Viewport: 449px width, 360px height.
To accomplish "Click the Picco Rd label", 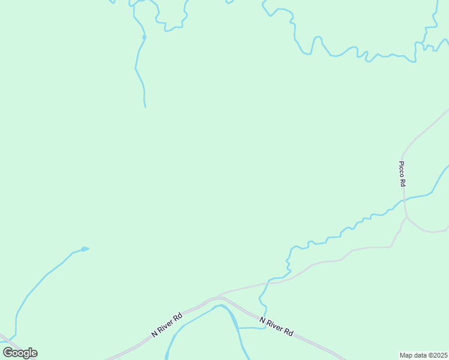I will [402, 174].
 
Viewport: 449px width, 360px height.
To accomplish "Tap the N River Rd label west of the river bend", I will [167, 325].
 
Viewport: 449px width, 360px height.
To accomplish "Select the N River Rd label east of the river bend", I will [276, 327].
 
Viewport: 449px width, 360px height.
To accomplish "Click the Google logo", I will [20, 353].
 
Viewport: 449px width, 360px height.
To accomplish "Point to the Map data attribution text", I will [423, 355].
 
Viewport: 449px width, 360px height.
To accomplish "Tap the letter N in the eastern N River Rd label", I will [262, 321].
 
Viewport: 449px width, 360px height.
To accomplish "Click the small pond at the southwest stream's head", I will [85, 248].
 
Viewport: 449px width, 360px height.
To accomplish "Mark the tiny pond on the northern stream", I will [144, 37].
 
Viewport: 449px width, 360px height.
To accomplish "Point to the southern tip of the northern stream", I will [145, 107].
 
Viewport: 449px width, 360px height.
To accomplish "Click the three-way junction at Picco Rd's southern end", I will [407, 217].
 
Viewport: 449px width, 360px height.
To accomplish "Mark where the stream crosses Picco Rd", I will [404, 199].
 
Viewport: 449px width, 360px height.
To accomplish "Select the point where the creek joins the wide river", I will [239, 328].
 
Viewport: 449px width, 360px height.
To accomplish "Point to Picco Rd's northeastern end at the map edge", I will [447, 110].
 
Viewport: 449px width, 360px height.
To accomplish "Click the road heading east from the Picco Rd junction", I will [429, 231].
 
